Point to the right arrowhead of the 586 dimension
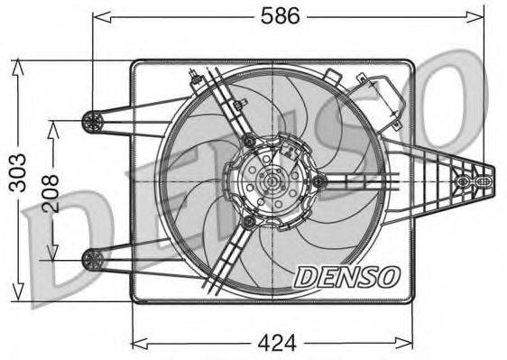(481, 16)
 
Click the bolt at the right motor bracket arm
(318, 183)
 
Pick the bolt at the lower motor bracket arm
(248, 221)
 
